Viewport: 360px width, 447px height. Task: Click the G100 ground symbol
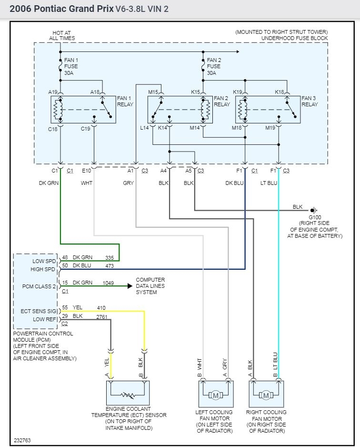click(314, 210)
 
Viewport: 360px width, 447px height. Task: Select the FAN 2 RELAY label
click(221, 102)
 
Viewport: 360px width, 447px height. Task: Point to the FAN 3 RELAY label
click(310, 102)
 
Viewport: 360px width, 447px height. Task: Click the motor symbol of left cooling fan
click(215, 395)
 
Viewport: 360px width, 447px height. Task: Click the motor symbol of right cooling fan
click(266, 395)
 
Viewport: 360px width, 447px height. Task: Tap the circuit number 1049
click(109, 283)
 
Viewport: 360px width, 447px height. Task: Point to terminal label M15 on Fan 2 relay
click(153, 91)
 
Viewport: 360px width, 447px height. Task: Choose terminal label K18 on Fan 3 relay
click(280, 91)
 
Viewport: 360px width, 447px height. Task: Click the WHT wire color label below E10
click(87, 183)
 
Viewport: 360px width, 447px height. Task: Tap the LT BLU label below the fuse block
click(270, 183)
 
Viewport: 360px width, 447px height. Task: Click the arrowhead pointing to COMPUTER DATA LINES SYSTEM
click(130, 286)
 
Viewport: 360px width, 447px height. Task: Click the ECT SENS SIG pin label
click(39, 311)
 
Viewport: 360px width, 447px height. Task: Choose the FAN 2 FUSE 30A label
click(214, 67)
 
